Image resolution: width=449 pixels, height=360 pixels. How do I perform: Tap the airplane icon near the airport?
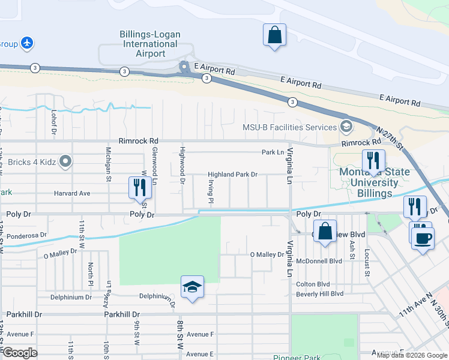coord(26,43)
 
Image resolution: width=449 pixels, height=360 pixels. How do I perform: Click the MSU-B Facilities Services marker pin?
coord(346,127)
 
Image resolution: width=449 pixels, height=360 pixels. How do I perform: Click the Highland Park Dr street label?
coord(232,175)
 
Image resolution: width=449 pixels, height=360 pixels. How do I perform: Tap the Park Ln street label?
coord(272,152)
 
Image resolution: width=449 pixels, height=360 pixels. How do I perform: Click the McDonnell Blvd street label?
coord(319,261)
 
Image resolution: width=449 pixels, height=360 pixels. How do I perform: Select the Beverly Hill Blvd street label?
coord(319,293)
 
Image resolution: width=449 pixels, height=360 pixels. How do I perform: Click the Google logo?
coord(20,353)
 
